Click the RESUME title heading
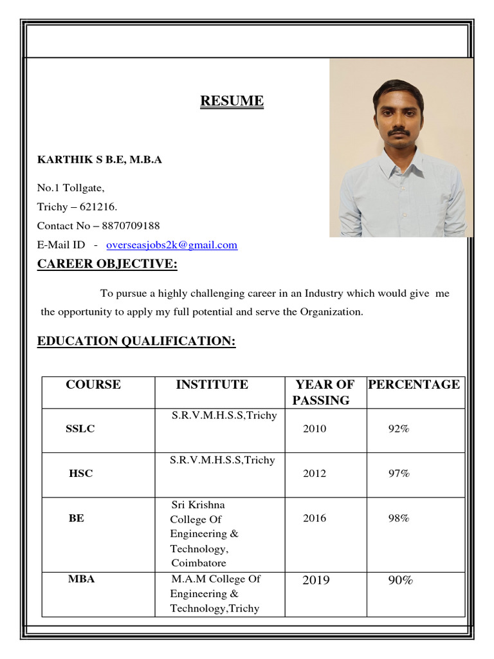tap(232, 101)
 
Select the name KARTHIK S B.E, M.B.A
tap(99, 160)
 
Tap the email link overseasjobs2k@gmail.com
tap(172, 245)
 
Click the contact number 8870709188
tap(131, 226)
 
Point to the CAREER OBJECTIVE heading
tap(107, 264)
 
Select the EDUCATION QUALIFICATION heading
tap(136, 341)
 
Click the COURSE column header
tap(93, 385)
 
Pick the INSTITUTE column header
tap(212, 385)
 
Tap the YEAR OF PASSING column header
tap(324, 393)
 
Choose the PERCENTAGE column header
tap(414, 385)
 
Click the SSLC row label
tap(80, 429)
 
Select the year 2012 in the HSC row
tap(315, 474)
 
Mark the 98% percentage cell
tap(398, 518)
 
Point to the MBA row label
tap(81, 579)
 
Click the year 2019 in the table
tap(315, 580)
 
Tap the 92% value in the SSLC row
tap(398, 429)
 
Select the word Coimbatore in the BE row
tap(198, 563)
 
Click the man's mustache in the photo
tap(399, 131)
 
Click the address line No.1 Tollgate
tap(70, 188)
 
